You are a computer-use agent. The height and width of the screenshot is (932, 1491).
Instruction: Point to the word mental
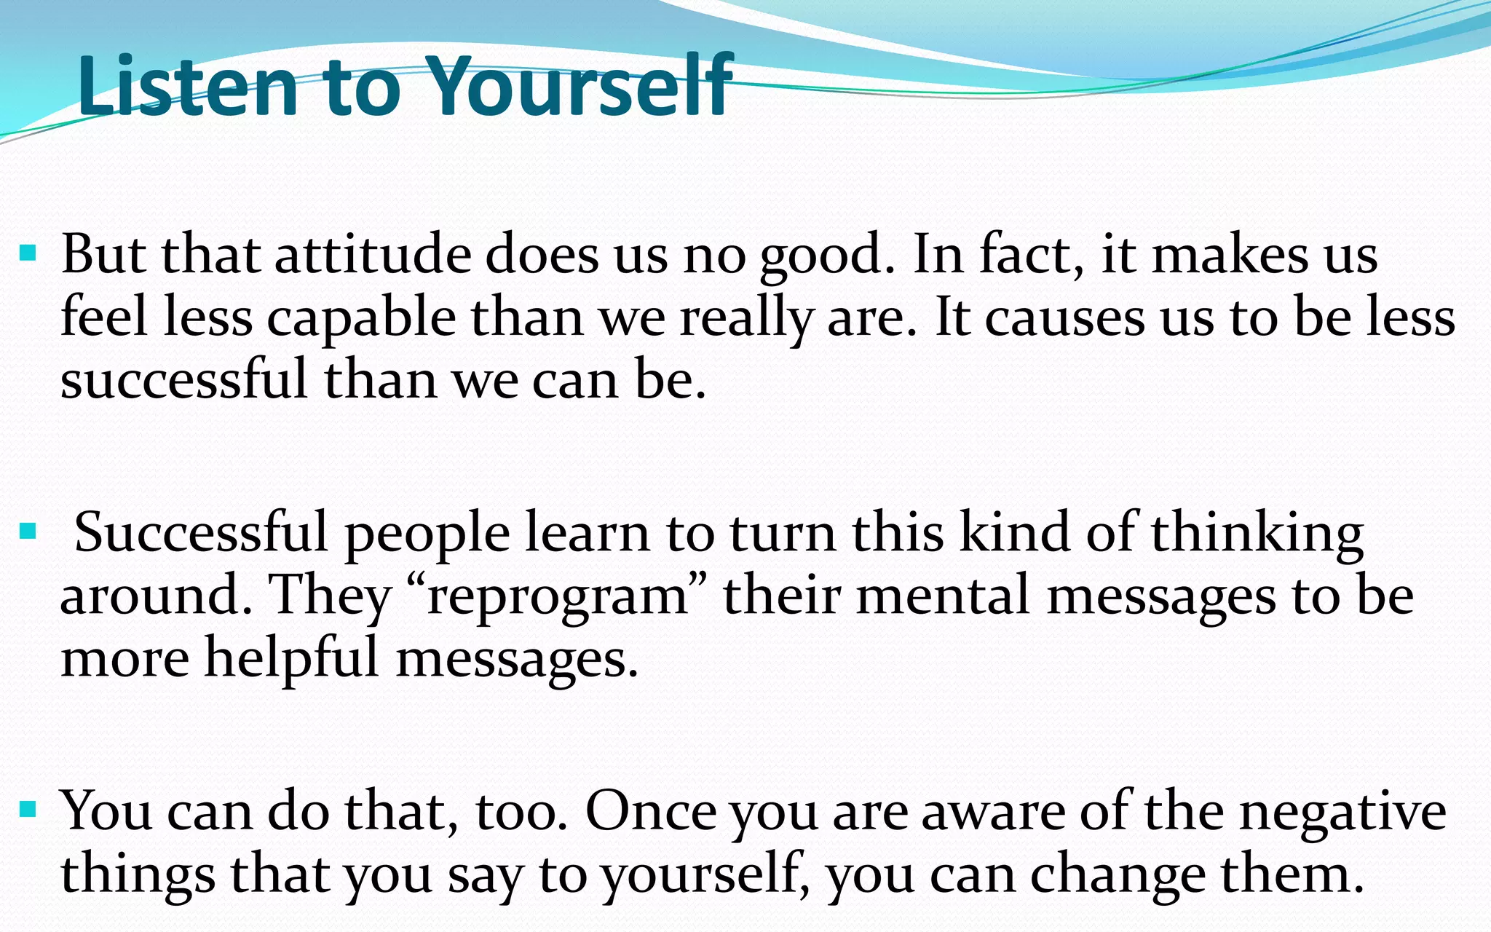(944, 596)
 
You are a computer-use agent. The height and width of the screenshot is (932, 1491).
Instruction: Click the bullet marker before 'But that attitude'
(28, 254)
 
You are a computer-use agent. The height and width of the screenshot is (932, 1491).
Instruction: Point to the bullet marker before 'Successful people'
(28, 532)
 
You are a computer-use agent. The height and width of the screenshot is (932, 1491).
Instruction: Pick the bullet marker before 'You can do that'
(28, 809)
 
